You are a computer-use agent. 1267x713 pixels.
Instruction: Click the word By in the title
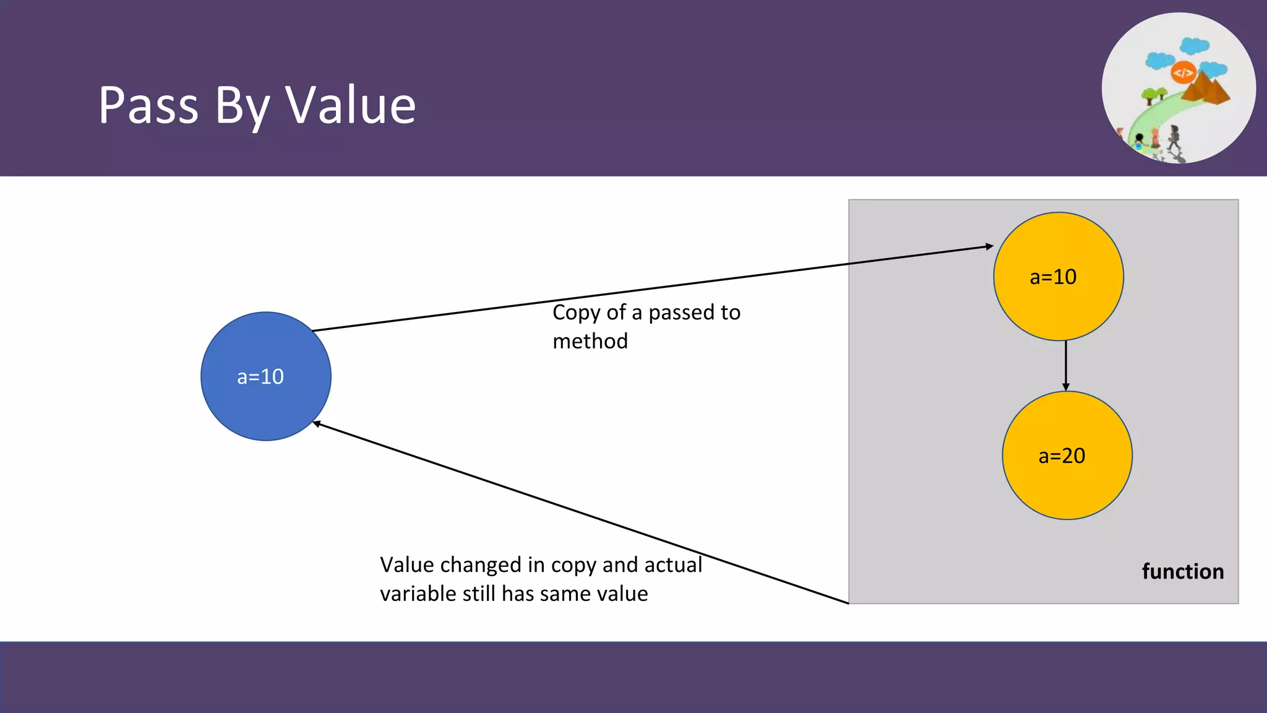tap(242, 106)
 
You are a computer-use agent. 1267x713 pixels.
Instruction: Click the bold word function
tap(1182, 571)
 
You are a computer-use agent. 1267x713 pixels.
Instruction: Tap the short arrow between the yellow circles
tap(1065, 365)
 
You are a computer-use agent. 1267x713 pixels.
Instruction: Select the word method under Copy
tap(590, 341)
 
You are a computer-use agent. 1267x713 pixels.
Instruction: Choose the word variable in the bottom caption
tap(418, 594)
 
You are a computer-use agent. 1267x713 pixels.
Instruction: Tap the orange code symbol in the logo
tap(1183, 73)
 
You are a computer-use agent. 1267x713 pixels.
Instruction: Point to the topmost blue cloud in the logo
tap(1194, 45)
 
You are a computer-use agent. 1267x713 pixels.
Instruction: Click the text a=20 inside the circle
tap(1062, 456)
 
